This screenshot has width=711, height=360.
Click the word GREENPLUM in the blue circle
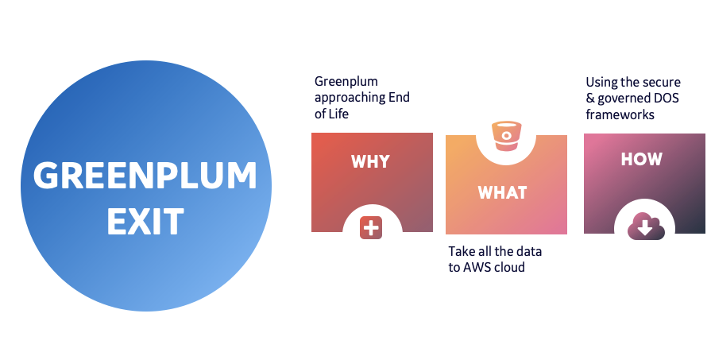click(x=145, y=176)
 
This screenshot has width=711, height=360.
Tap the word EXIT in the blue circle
click(x=145, y=221)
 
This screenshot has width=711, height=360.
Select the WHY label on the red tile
click(x=370, y=161)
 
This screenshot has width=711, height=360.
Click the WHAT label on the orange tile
click(x=502, y=193)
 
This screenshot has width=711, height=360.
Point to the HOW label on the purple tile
click(x=641, y=159)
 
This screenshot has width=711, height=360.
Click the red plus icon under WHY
click(x=371, y=227)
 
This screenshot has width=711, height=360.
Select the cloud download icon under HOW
click(x=643, y=227)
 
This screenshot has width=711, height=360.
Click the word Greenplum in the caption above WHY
click(x=346, y=82)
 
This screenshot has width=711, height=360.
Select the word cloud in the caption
click(x=510, y=267)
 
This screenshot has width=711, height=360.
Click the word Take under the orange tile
click(x=462, y=251)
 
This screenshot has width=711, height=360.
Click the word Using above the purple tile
click(x=601, y=82)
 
